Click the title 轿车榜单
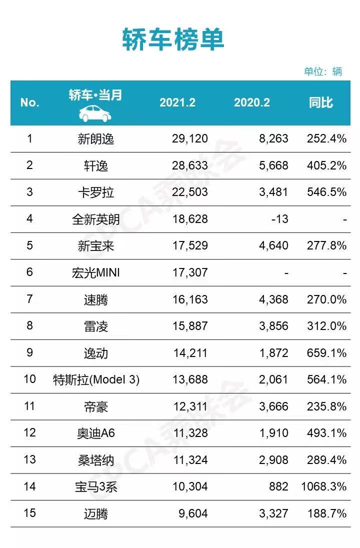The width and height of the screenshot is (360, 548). (173, 39)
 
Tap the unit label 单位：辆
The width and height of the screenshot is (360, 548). (323, 71)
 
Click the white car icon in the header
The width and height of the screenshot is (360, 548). (95, 113)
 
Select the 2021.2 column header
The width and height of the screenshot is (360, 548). (177, 102)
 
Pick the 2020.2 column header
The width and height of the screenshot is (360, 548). (252, 102)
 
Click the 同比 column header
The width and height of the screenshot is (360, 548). (321, 102)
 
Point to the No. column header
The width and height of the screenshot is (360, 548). (29, 102)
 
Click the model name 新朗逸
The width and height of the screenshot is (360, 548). (96, 139)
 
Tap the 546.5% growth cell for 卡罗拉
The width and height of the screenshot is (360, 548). (326, 192)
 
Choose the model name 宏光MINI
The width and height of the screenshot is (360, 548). (96, 273)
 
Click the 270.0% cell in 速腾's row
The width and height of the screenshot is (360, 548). (326, 300)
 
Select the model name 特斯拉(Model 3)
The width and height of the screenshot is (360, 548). (96, 380)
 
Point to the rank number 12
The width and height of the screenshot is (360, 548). (29, 433)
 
